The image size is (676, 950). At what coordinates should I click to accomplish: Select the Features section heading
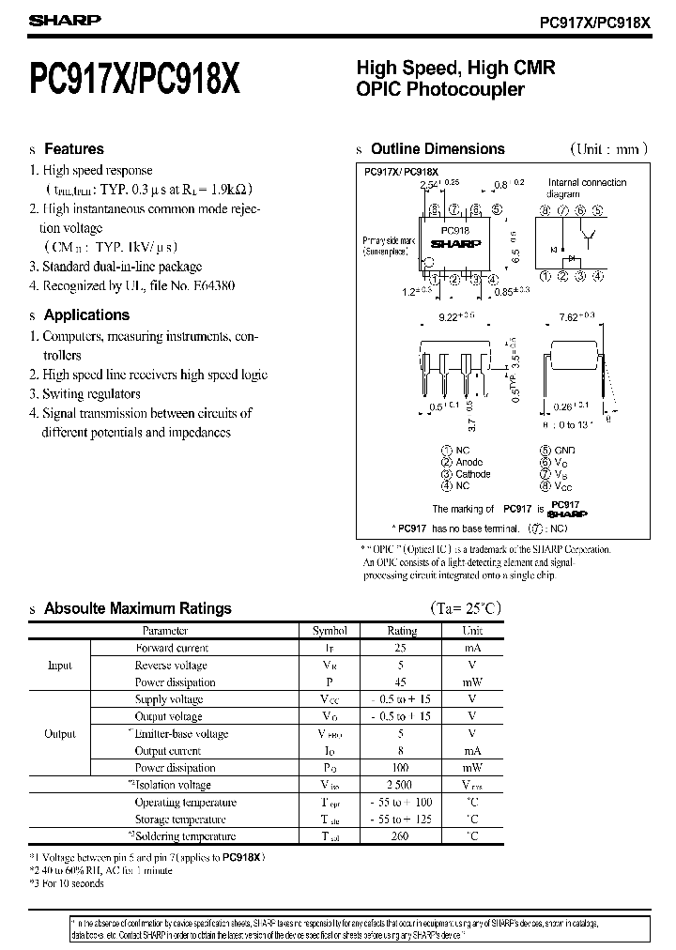click(74, 149)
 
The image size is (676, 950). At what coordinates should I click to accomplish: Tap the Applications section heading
click(86, 315)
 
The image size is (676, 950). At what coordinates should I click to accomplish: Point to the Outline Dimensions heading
click(438, 149)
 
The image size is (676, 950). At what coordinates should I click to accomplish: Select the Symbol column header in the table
click(330, 631)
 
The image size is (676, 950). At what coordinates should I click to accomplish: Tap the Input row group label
click(59, 666)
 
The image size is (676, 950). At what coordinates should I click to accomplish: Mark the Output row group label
click(59, 734)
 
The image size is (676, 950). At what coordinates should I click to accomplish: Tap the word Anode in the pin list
click(469, 462)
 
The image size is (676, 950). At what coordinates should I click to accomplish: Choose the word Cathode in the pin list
click(472, 474)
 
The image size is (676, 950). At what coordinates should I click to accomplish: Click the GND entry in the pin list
click(565, 451)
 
